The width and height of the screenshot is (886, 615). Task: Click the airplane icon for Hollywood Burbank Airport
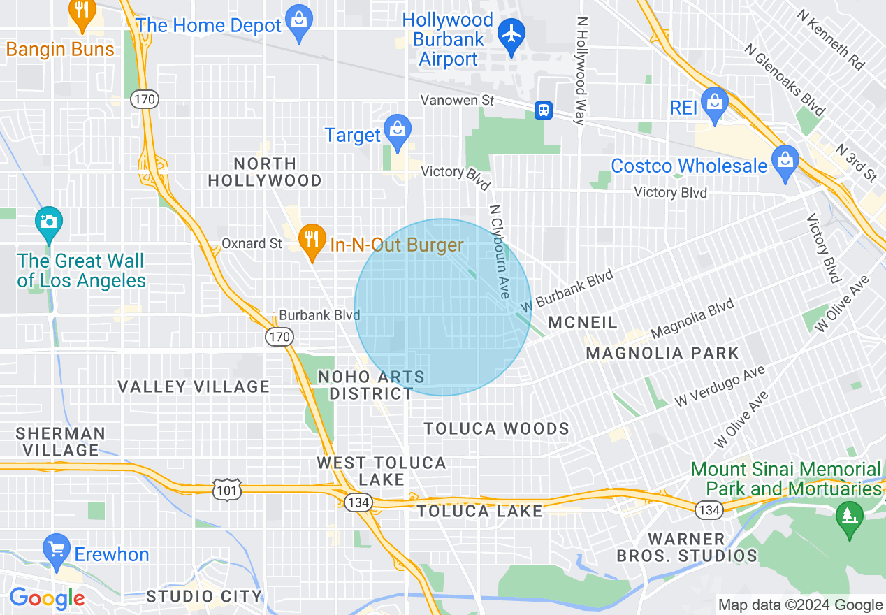(x=512, y=32)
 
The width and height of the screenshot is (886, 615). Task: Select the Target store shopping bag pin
(x=397, y=130)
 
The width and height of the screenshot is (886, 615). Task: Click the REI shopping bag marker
(x=714, y=103)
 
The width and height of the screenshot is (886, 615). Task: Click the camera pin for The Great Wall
(x=48, y=222)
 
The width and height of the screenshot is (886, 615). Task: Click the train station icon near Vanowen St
(x=543, y=110)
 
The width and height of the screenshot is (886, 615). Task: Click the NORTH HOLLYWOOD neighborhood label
(x=265, y=172)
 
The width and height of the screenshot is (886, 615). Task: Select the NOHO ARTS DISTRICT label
(x=372, y=385)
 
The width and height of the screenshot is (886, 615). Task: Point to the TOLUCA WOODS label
(x=497, y=428)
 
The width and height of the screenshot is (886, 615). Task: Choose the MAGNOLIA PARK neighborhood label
(x=662, y=353)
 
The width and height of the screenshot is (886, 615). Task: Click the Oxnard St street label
(x=252, y=243)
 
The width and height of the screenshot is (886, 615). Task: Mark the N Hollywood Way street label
(x=580, y=70)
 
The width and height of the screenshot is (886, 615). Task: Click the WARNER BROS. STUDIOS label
(x=686, y=547)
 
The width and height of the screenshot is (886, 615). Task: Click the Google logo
(x=47, y=598)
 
